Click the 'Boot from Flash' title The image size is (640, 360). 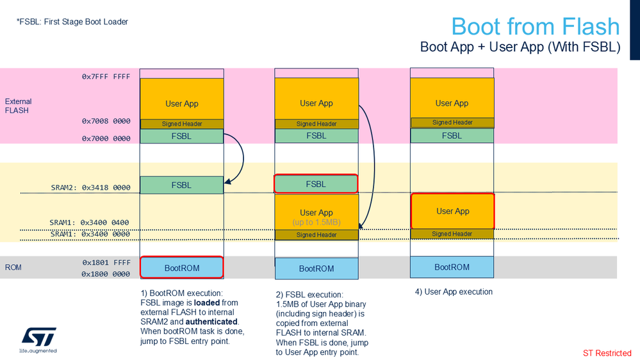point(535,26)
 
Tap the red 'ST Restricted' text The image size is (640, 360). point(607,353)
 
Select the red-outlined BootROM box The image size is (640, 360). point(182,268)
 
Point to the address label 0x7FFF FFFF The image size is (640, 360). point(106,76)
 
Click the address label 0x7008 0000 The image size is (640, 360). point(106,121)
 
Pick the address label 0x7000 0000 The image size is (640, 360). point(106,138)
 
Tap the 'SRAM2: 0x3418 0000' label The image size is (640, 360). point(90,188)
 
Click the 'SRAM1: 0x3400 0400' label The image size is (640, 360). point(89,223)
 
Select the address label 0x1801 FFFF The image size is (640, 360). point(106,263)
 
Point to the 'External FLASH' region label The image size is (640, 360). point(19,106)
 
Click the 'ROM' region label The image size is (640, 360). point(13,267)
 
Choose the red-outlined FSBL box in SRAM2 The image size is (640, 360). point(316,184)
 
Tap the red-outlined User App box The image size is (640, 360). point(452,211)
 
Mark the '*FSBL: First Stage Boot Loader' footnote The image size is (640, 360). point(72,22)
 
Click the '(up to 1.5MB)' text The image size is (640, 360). point(316,222)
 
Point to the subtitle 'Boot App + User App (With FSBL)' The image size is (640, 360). point(520,47)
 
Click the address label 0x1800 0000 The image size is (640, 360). point(106,274)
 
